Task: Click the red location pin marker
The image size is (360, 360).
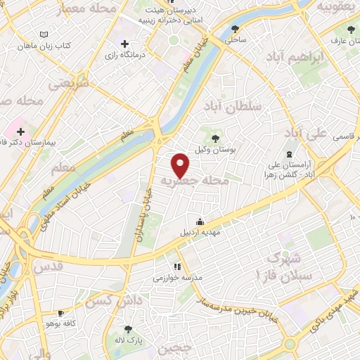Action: pos(181,165)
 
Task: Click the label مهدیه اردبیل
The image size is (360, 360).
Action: pos(200,232)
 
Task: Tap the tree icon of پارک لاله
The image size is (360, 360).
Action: pos(127,329)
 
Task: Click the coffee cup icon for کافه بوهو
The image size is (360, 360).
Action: pos(60,313)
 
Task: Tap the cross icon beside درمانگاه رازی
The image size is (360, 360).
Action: pos(124,44)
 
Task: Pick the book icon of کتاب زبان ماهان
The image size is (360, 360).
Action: pos(45,34)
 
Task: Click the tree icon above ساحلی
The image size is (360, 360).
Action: pos(234,29)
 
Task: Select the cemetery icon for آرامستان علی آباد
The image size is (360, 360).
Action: pos(288,154)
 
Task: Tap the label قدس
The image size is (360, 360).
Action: pos(49,267)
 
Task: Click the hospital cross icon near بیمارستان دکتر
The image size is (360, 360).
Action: pos(21,131)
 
